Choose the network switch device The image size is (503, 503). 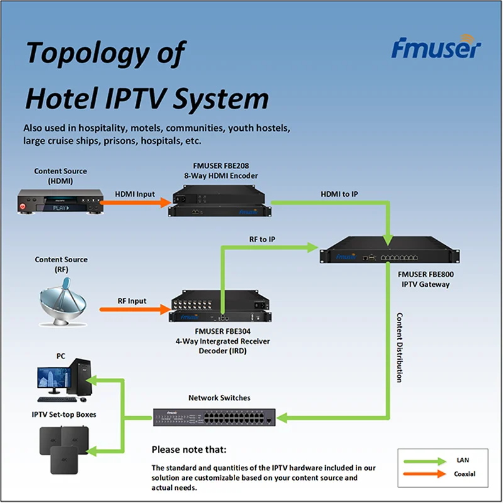[x=214, y=415]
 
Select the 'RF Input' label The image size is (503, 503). [x=132, y=301]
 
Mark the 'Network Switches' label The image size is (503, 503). [x=219, y=398]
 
